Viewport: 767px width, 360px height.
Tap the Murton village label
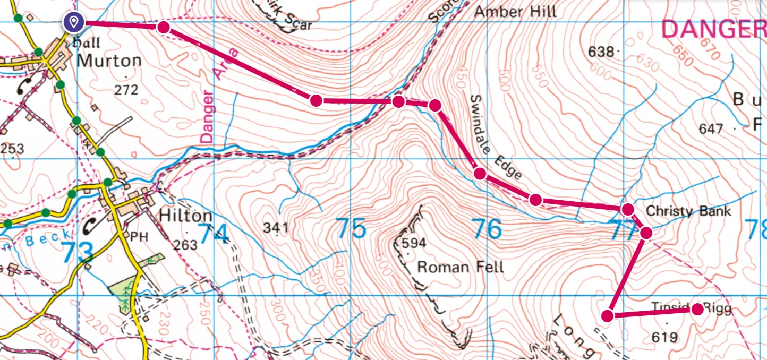click(109, 61)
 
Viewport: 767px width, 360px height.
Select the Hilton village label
click(186, 217)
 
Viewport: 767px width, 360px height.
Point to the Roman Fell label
click(460, 266)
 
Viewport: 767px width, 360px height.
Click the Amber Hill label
click(515, 11)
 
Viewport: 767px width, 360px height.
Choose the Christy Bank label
click(688, 211)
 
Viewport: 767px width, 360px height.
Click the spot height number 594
click(414, 244)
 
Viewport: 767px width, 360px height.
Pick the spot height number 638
click(601, 52)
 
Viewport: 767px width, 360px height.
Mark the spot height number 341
click(276, 229)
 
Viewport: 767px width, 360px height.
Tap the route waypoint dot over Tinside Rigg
click(697, 310)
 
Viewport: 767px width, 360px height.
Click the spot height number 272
click(126, 89)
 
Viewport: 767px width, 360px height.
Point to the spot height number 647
click(711, 128)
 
